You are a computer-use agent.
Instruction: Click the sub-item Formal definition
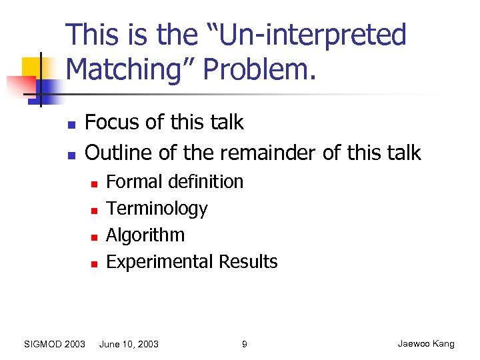tap(175, 182)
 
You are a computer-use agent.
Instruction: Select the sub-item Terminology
tap(157, 209)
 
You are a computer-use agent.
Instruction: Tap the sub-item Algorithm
tap(145, 235)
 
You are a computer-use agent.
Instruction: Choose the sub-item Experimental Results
tap(191, 262)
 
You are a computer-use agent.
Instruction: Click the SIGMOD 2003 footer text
tap(54, 344)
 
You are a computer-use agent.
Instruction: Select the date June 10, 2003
tap(129, 344)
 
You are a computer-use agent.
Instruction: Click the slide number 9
tap(244, 344)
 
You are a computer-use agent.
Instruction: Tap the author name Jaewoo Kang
tap(425, 344)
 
